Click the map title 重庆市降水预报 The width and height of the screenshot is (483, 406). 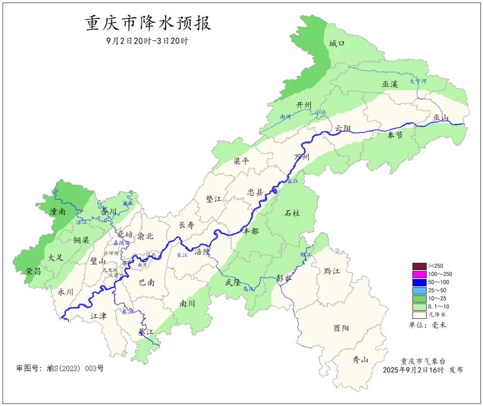tap(148, 23)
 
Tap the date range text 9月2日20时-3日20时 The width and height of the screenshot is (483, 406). tap(147, 41)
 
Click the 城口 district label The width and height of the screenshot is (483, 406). tap(337, 43)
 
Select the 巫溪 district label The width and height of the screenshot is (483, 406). tap(390, 84)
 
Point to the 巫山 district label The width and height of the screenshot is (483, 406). tap(441, 118)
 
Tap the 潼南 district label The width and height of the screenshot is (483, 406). tap(58, 212)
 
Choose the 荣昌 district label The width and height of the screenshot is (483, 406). tap(34, 271)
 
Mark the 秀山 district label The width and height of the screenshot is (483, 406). tap(360, 359)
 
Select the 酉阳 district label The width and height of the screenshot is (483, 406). tap(341, 328)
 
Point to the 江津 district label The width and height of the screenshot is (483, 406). tap(98, 316)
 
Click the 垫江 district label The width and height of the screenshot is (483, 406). tap(213, 199)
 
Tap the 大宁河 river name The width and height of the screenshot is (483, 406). tap(418, 81)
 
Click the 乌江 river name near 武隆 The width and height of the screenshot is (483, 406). tap(248, 289)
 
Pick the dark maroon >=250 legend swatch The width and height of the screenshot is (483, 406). tap(419, 266)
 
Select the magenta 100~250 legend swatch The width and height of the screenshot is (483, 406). tap(419, 274)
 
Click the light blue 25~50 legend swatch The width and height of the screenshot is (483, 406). tap(419, 290)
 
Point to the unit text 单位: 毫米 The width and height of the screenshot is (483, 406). tap(427, 325)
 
